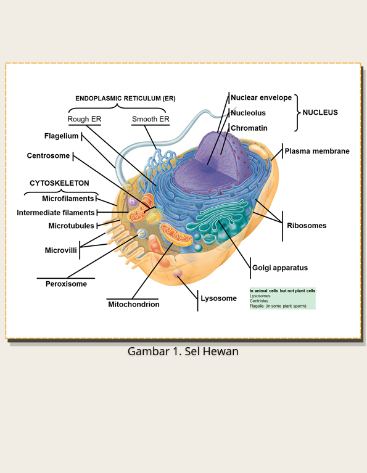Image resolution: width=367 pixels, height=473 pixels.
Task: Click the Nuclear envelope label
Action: pyautogui.click(x=261, y=97)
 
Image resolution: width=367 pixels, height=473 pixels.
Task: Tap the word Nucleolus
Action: pyautogui.click(x=248, y=113)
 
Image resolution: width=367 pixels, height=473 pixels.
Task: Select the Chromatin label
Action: pyautogui.click(x=249, y=128)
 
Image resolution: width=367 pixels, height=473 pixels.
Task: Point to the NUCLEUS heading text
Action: pyautogui.click(x=320, y=112)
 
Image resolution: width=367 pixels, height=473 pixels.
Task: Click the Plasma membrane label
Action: pyautogui.click(x=317, y=151)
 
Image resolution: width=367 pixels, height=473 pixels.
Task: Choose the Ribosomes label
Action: pyautogui.click(x=307, y=226)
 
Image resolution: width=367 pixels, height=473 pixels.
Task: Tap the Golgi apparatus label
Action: pyautogui.click(x=280, y=268)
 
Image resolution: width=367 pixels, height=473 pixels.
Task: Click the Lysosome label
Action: pyautogui.click(x=218, y=298)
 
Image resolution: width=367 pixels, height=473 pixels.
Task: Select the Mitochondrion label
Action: pyautogui.click(x=134, y=305)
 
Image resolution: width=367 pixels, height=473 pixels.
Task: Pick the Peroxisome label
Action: pyautogui.click(x=66, y=284)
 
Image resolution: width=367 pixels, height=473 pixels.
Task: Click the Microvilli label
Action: pyautogui.click(x=60, y=250)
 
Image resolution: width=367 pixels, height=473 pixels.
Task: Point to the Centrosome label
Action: pyautogui.click(x=48, y=155)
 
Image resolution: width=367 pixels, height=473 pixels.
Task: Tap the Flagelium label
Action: pyautogui.click(x=61, y=136)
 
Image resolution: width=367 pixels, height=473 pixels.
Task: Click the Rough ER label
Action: pyautogui.click(x=85, y=119)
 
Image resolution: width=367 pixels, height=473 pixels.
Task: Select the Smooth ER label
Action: pyautogui.click(x=151, y=119)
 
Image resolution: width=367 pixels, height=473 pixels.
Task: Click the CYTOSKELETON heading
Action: pyautogui.click(x=59, y=183)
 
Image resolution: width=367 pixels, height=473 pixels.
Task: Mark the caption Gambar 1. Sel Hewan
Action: pyautogui.click(x=183, y=352)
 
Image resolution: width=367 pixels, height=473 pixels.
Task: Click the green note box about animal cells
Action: pyautogui.click(x=282, y=298)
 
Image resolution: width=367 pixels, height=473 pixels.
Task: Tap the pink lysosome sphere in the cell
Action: pyautogui.click(x=178, y=273)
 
